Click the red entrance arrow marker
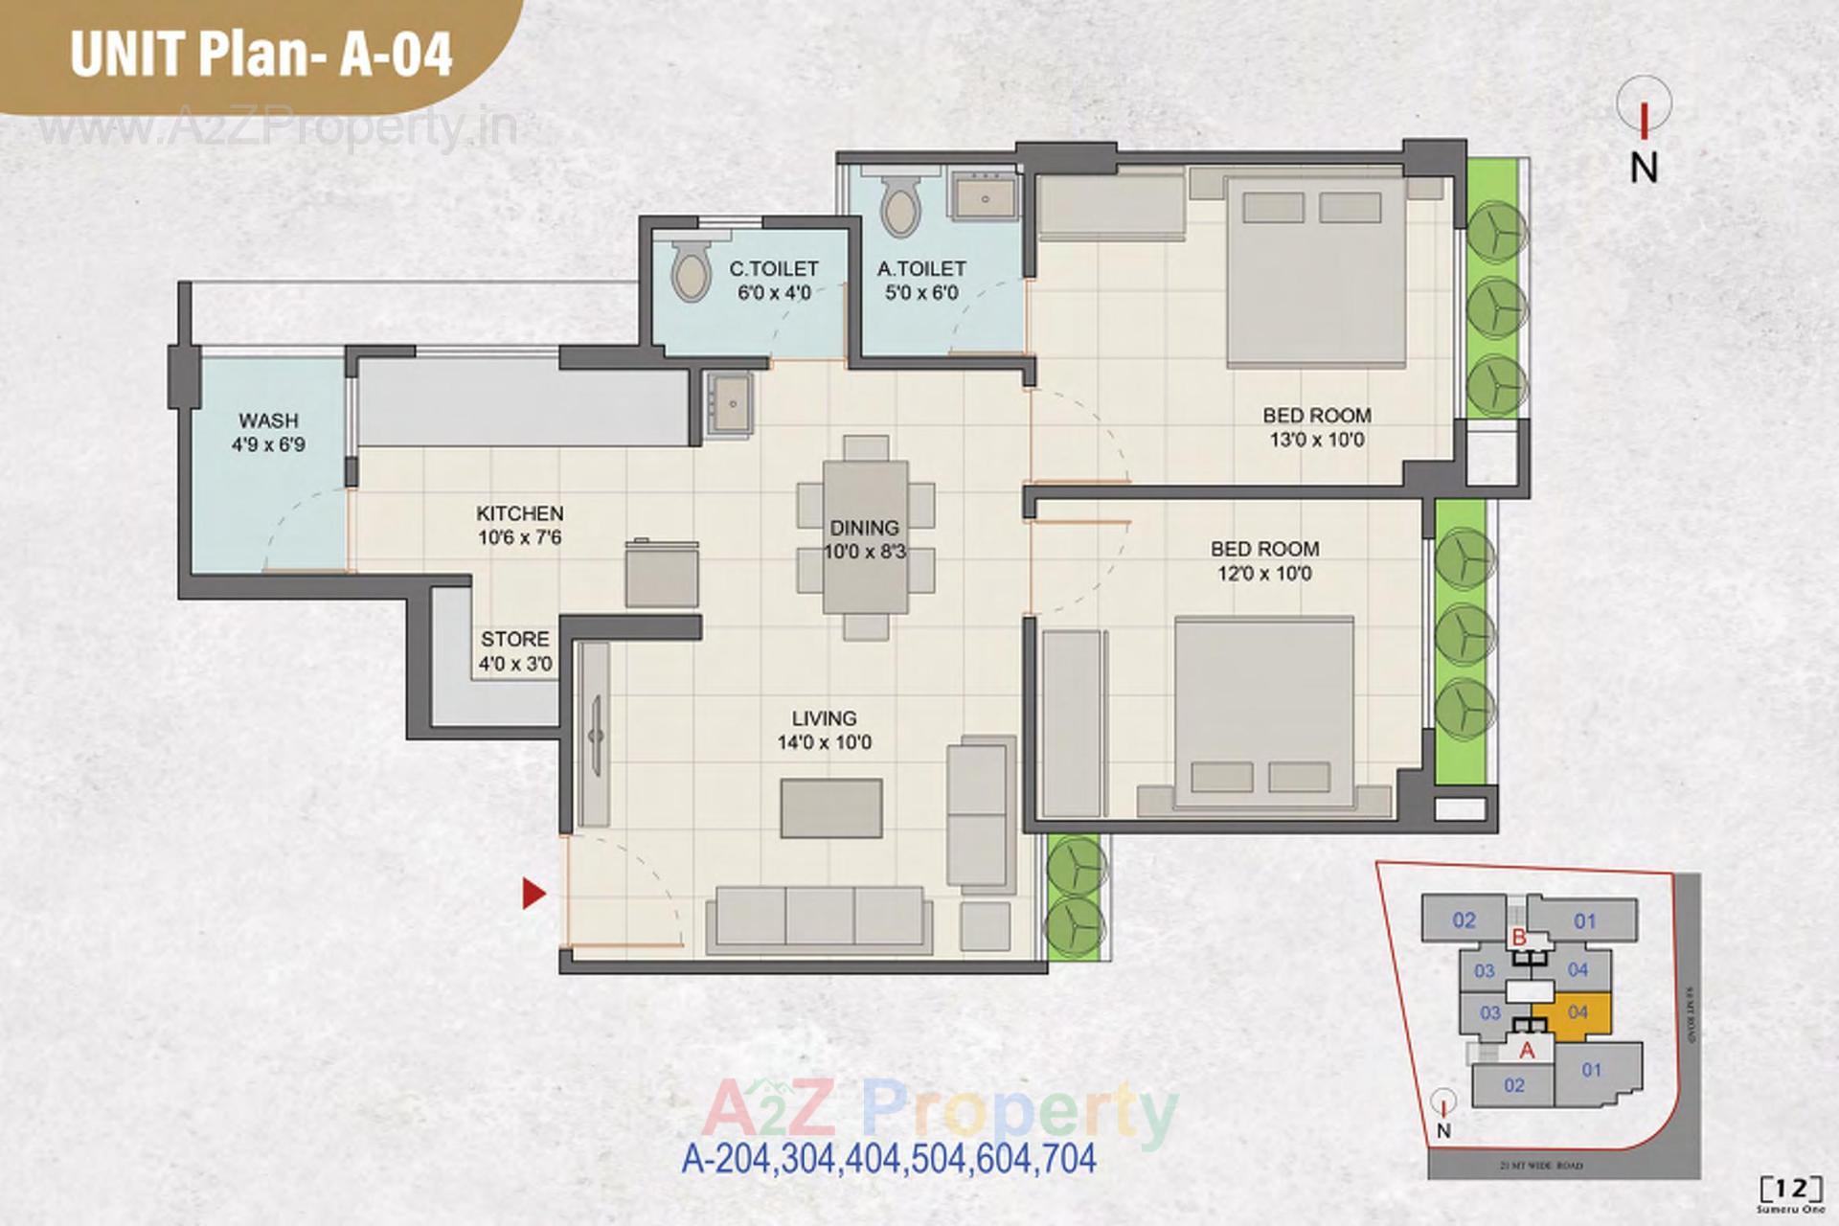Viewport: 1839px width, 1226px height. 534,894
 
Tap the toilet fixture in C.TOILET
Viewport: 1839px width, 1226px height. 689,270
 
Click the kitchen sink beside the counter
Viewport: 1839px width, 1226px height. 730,404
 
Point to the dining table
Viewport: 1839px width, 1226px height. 865,536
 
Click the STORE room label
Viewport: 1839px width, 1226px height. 515,639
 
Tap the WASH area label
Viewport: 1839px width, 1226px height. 268,420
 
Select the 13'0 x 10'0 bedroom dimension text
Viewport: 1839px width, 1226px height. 1317,441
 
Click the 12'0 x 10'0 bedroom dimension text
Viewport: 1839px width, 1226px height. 1264,574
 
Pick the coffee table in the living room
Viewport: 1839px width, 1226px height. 830,808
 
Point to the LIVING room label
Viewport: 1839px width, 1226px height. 824,718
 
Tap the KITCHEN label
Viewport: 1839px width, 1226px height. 520,513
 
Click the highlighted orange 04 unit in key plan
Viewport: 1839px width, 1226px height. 1578,1012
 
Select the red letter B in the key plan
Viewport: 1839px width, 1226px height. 1518,937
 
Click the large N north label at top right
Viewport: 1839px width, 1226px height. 1644,168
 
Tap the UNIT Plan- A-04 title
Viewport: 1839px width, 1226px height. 261,54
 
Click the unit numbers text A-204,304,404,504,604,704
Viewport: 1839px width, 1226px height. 888,1159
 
